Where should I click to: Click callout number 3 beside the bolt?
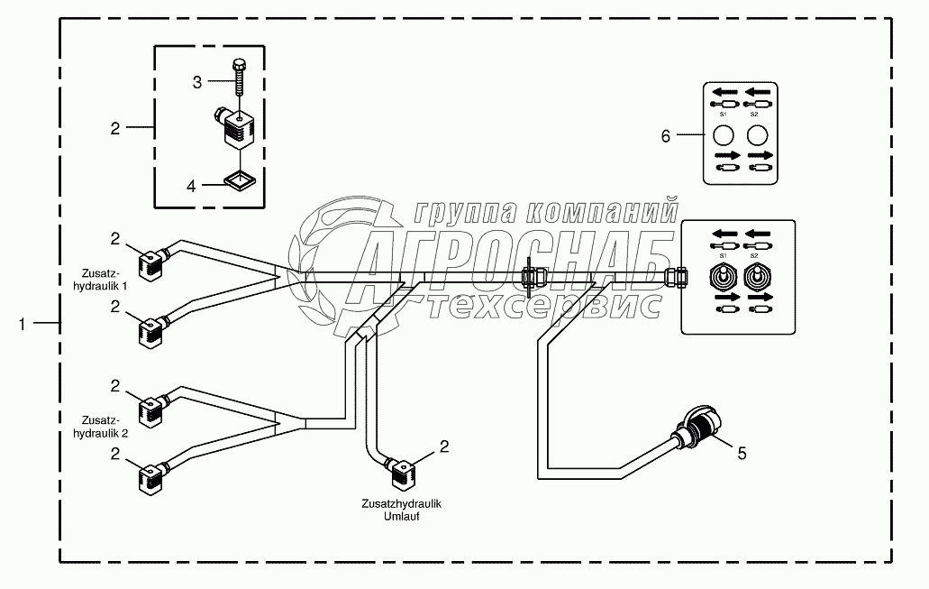tap(196, 83)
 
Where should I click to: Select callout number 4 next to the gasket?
tap(191, 186)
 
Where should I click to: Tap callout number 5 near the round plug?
tap(742, 453)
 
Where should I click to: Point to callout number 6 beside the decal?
tap(666, 136)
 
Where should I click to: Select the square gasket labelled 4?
tap(239, 182)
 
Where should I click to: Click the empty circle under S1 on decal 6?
tap(724, 135)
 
